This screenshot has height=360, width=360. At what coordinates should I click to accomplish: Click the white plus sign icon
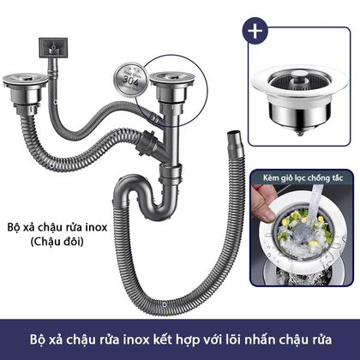[x=255, y=31]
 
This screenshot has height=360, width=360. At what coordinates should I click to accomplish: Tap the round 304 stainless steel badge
[x=131, y=79]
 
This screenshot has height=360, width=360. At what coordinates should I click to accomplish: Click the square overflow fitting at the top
[x=53, y=47]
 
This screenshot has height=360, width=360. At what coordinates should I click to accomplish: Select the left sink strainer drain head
[x=26, y=92]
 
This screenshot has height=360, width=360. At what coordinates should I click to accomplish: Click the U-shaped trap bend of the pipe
[x=148, y=200]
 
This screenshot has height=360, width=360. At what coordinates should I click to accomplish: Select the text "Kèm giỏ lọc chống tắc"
[x=303, y=178]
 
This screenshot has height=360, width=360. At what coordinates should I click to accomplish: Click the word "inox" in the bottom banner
[x=136, y=340]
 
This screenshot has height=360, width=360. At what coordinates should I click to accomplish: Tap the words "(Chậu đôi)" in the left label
[x=57, y=242]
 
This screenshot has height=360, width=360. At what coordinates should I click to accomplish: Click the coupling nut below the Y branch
[x=171, y=174]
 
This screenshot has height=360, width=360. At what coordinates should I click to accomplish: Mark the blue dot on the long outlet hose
[x=164, y=305]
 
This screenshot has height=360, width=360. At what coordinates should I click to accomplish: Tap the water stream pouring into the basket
[x=315, y=202]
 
